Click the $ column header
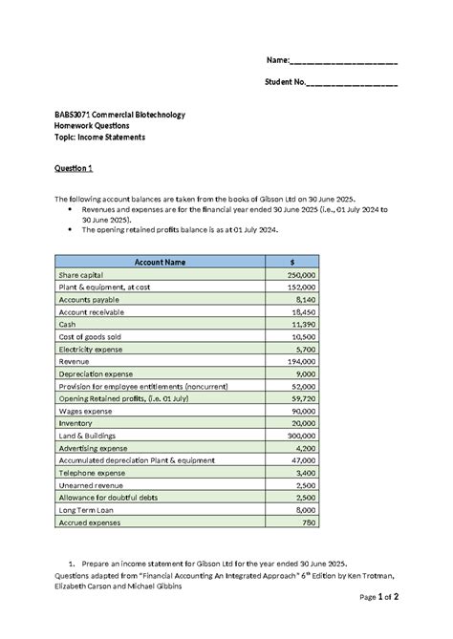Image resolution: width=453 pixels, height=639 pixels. pos(292,262)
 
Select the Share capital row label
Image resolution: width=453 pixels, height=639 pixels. pos(83,274)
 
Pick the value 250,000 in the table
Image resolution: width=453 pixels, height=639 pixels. pos(301,274)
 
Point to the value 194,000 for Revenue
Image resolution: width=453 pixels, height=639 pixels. pos(301,361)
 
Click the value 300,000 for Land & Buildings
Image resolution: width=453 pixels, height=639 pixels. pos(301,436)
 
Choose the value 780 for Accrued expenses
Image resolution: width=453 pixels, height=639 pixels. pos(308,522)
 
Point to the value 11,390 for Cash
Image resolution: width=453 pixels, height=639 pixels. pos(303,324)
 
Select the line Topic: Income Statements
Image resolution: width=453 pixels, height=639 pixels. pos(100,137)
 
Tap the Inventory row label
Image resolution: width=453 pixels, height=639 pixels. pos(75,423)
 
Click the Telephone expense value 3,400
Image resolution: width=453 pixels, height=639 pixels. pos(305,473)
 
